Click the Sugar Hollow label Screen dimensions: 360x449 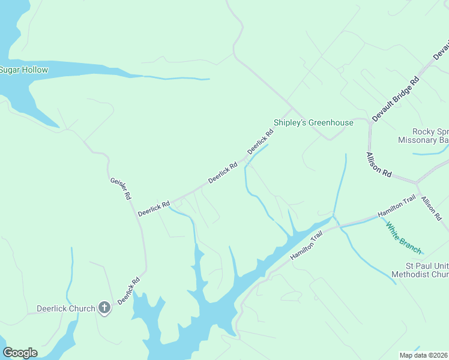24,70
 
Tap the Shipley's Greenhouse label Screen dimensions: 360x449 313,122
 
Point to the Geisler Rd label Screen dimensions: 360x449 121,188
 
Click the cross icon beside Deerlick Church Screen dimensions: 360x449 104,308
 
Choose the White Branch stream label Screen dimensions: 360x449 404,238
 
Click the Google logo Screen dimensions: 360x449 20,353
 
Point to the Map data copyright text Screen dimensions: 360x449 424,355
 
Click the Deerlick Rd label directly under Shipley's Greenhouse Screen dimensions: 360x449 260,142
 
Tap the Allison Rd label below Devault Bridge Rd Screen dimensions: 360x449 379,164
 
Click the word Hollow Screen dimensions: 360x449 35,70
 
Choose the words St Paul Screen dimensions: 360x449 417,266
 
